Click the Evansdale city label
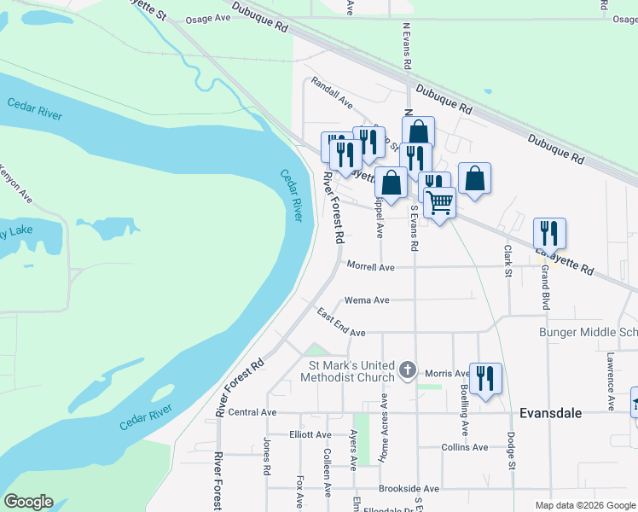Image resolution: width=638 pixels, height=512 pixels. coord(550,413)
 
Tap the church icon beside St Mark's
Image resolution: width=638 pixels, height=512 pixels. coord(408,370)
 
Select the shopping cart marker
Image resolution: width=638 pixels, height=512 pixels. coord(440,203)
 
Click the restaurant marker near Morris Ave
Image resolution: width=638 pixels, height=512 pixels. coord(485,378)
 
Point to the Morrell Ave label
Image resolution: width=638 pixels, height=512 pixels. coord(371,267)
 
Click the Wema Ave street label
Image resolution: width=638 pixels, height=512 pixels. coord(367,300)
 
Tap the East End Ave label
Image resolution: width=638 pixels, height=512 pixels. coord(340,323)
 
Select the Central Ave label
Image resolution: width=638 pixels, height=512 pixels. coord(252,412)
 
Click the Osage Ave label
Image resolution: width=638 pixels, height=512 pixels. coord(208,18)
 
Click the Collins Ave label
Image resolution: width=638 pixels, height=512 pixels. coord(465,447)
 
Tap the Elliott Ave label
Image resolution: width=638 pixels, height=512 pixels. coord(310,434)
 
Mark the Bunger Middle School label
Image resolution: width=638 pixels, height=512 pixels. coord(588,333)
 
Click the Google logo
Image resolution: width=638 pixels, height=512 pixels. coord(27,502)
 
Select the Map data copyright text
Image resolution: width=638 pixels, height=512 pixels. coord(584,505)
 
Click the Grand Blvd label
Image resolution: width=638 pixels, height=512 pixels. coord(545,288)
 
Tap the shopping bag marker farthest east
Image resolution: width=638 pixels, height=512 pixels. coord(475,178)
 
